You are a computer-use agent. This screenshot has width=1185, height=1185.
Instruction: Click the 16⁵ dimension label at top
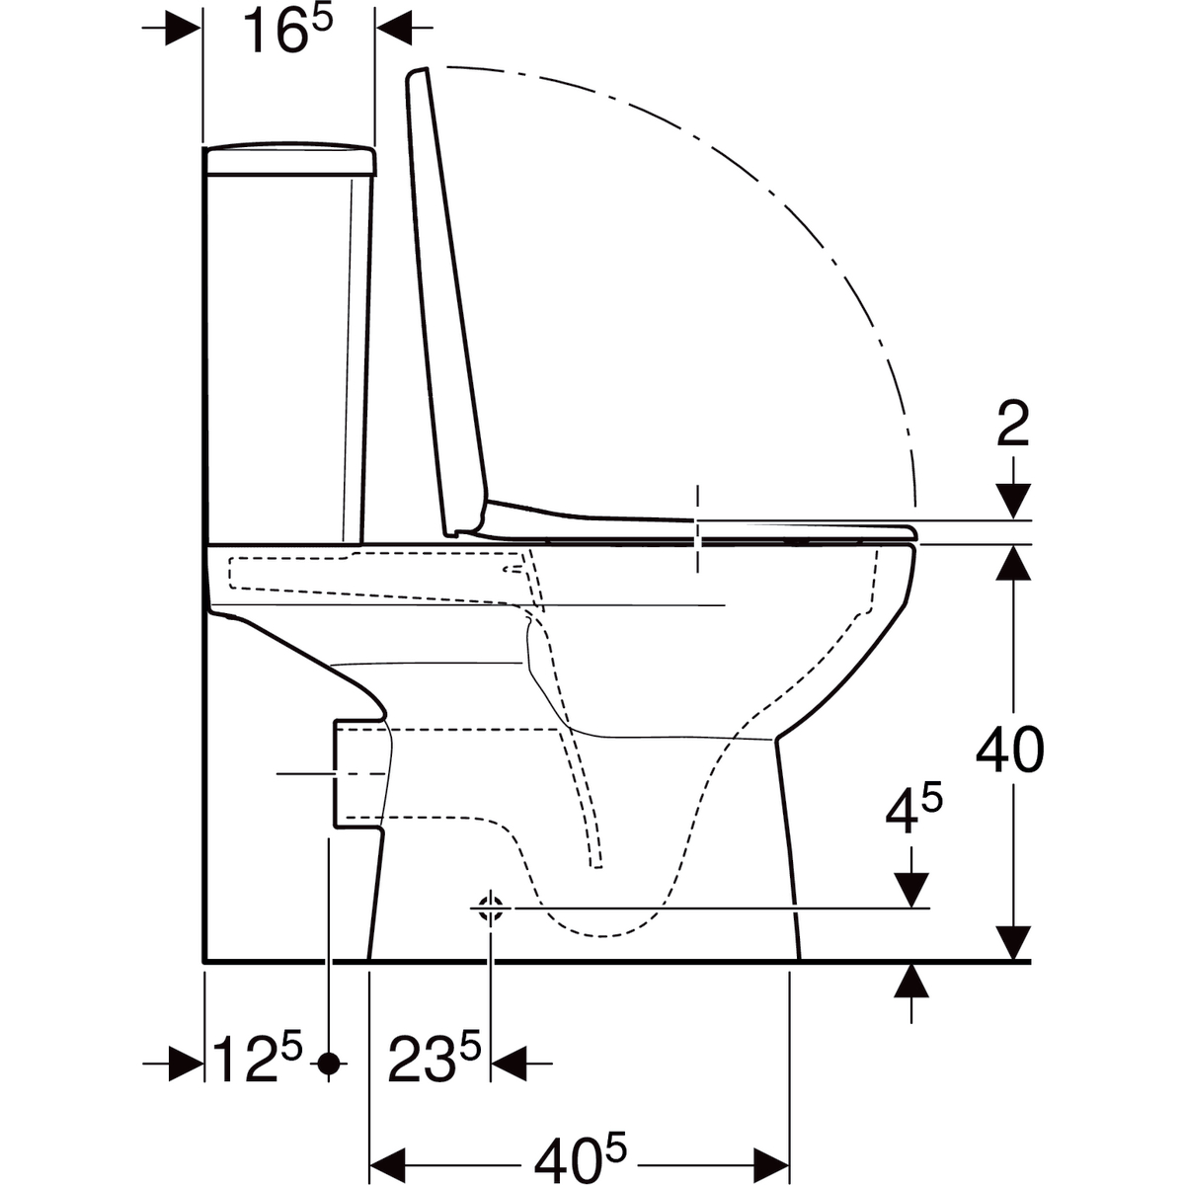(287, 33)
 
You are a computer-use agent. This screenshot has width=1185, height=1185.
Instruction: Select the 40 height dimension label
(1009, 752)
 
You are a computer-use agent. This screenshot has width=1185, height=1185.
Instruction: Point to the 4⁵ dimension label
(912, 816)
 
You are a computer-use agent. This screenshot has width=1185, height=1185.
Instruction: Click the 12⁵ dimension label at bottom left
(259, 1061)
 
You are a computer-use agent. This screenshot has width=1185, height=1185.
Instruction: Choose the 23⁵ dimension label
(434, 1061)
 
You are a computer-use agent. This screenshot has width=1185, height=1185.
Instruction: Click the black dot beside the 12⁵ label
(330, 1064)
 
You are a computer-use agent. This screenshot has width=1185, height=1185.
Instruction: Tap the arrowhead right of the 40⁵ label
(771, 1152)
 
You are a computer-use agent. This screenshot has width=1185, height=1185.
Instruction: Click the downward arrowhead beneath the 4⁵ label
(911, 889)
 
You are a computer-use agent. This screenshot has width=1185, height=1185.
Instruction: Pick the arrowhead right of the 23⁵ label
(508, 1064)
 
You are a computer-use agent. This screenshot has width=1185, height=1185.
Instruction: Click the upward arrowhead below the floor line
(911, 980)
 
